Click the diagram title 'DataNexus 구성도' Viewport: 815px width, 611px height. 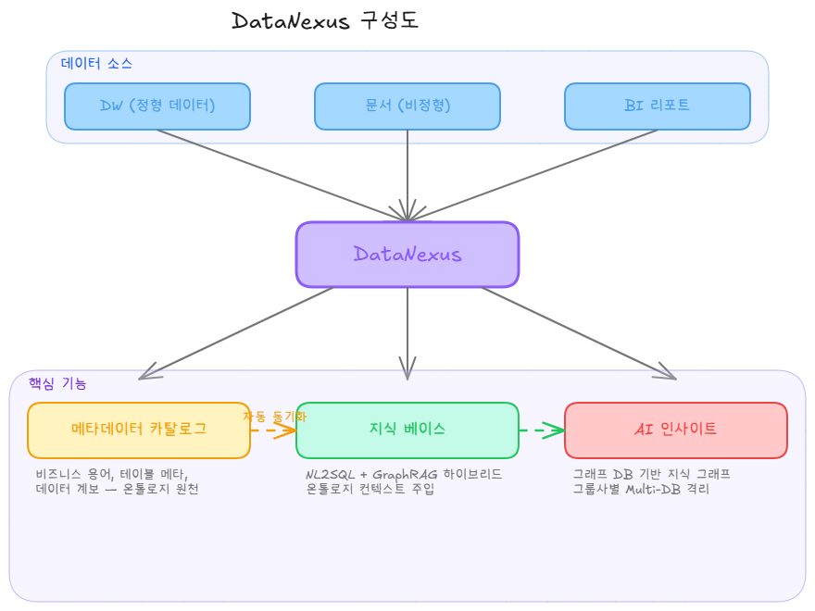click(324, 21)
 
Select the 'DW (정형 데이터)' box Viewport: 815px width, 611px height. click(157, 106)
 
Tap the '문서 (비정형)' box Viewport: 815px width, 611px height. click(407, 106)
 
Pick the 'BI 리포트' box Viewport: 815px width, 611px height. click(658, 106)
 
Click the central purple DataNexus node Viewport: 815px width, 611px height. click(407, 255)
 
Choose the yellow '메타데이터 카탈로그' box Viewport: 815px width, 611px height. click(139, 430)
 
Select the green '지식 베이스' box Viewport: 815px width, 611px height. click(407, 430)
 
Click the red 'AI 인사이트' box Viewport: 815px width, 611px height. click(676, 430)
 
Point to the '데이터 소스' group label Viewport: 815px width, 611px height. click(96, 64)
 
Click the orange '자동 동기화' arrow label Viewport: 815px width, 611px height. click(274, 417)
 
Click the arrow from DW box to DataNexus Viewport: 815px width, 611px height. click(278, 173)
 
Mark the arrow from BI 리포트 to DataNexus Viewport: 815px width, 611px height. click(537, 173)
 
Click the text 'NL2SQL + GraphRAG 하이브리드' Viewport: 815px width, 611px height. click(404, 474)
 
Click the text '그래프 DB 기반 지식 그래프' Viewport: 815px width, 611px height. click(651, 474)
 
